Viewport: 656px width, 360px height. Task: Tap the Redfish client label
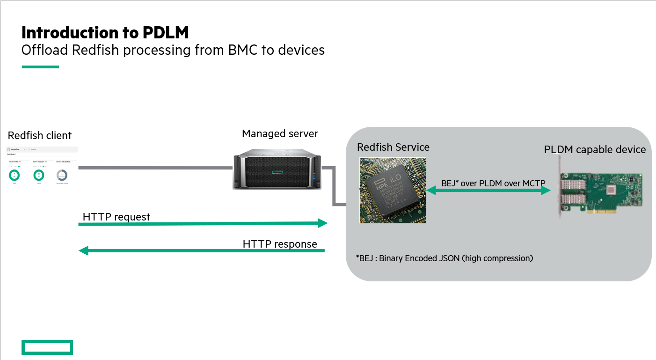click(x=40, y=136)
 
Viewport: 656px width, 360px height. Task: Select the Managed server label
click(x=280, y=134)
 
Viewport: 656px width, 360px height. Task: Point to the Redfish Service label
click(x=393, y=147)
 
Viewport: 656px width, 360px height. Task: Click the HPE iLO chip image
click(x=393, y=190)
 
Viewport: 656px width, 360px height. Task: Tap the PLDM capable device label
click(x=595, y=150)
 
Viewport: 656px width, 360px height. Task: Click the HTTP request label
click(x=117, y=217)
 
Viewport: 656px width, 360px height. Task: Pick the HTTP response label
click(x=280, y=244)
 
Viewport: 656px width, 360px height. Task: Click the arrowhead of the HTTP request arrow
click(x=323, y=223)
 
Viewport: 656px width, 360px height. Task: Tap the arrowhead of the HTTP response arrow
click(x=83, y=251)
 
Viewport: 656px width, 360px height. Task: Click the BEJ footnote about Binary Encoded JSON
click(x=444, y=258)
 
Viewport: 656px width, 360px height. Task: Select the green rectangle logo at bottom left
click(x=47, y=347)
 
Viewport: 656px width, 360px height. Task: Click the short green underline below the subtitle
click(x=40, y=67)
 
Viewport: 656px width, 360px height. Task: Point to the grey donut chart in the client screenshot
click(x=62, y=175)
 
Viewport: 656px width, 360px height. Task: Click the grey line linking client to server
click(x=154, y=168)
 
